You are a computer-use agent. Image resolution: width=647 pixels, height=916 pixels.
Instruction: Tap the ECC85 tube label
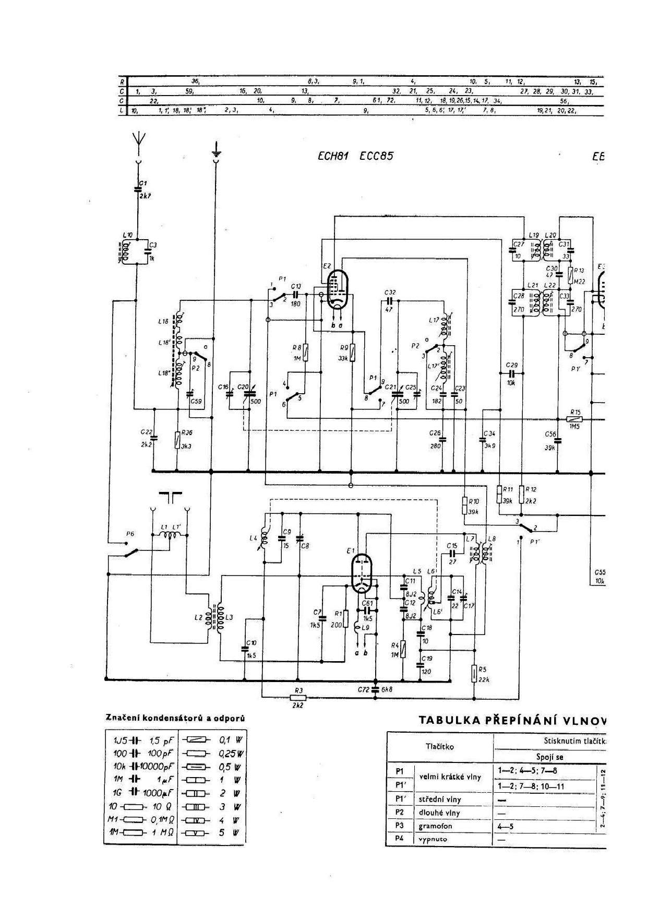point(377,156)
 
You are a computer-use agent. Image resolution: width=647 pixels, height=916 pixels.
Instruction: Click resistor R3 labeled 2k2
point(298,697)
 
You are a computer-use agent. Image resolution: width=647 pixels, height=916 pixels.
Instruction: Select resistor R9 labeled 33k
point(353,351)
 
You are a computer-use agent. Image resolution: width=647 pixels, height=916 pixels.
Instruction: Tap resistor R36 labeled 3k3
point(178,440)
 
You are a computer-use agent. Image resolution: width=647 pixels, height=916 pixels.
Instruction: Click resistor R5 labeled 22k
point(474,673)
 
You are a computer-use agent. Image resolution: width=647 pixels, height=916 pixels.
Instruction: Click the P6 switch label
point(130,534)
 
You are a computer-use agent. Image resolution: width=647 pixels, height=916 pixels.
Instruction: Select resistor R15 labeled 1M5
point(574,419)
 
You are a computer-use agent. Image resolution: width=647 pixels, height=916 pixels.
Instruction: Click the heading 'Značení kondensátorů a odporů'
point(175,718)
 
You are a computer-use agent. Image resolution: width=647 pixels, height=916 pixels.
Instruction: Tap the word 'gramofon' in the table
point(435,826)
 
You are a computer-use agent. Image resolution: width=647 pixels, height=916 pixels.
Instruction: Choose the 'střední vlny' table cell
point(439,799)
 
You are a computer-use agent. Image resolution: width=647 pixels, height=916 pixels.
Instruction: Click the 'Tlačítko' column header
point(440,747)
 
